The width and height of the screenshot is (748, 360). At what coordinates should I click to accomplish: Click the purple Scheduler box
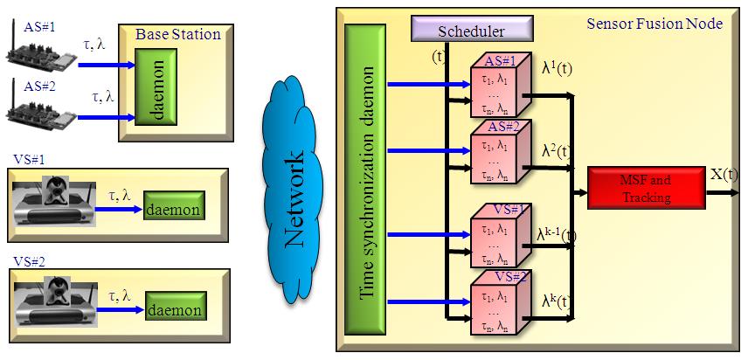pyautogui.click(x=471, y=31)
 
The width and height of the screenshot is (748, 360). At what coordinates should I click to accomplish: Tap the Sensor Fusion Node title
pyautogui.click(x=654, y=24)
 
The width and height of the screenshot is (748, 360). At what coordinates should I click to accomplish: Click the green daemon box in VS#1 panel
pyautogui.click(x=174, y=210)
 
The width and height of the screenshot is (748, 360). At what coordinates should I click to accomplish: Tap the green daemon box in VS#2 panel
pyautogui.click(x=174, y=309)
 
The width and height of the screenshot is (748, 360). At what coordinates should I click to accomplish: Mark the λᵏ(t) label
pyautogui.click(x=556, y=301)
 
